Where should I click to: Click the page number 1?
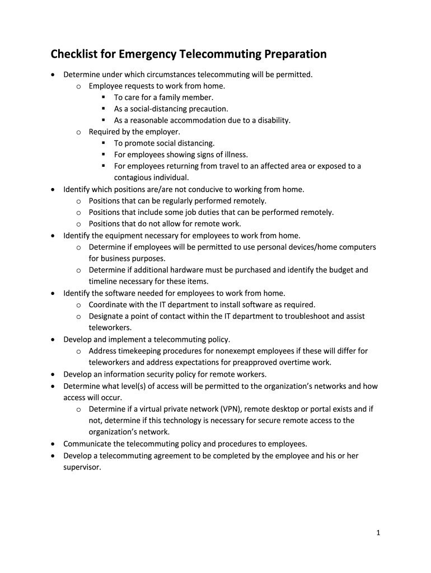click(x=378, y=533)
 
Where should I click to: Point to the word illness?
click(x=235, y=154)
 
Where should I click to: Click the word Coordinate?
click(x=109, y=305)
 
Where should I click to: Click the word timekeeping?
click(x=142, y=351)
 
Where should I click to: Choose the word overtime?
click(x=296, y=363)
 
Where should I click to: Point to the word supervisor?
click(x=82, y=467)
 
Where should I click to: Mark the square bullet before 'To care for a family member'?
click(x=104, y=97)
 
